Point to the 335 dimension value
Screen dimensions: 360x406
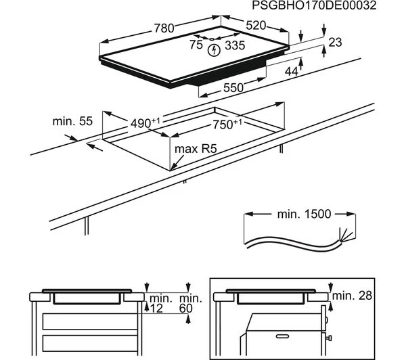coord(234,45)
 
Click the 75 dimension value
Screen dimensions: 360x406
coord(196,45)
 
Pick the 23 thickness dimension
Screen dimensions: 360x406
coord(336,42)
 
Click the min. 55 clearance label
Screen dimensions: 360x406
coord(72,122)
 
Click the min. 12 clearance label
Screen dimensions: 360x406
coord(160,303)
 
